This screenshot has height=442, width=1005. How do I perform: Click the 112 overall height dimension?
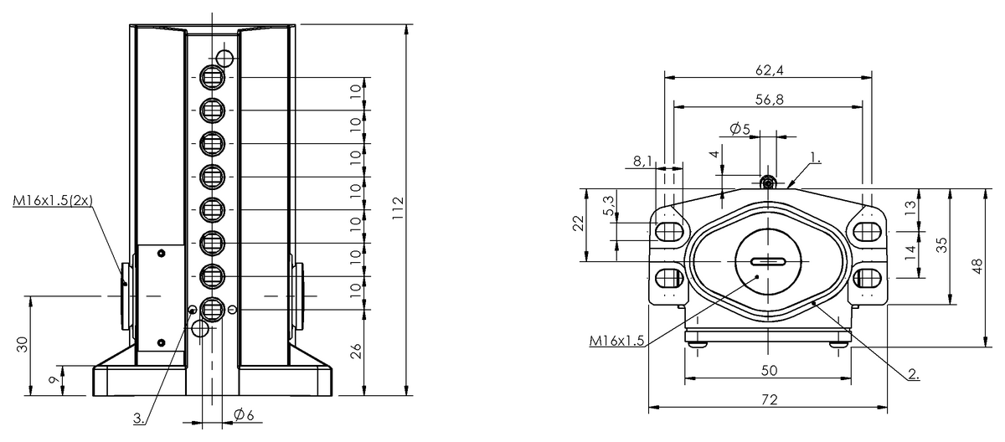click(398, 208)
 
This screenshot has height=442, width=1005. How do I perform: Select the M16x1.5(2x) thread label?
click(53, 200)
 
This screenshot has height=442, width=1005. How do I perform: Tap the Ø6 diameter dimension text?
click(244, 414)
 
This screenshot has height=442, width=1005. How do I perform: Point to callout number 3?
click(139, 419)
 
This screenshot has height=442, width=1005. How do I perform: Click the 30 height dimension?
click(22, 344)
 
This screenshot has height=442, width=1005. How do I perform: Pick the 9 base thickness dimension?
click(54, 380)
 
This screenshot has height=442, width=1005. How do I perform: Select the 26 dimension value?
click(356, 351)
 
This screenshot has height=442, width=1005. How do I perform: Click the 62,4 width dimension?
click(770, 70)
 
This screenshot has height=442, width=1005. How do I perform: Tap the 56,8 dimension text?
click(770, 100)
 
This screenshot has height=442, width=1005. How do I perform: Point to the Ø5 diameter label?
click(740, 129)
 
